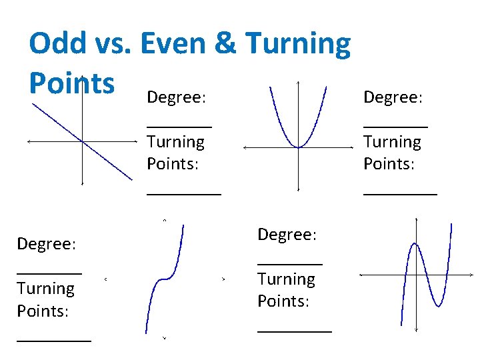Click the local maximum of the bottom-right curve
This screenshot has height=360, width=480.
(414, 245)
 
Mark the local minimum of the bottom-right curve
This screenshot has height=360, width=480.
(438, 305)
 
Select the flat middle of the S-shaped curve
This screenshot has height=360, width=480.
(164, 279)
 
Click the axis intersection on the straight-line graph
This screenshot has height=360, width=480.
(81, 141)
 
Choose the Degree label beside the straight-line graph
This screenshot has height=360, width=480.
(176, 97)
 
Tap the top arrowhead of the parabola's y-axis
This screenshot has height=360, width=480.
(298, 83)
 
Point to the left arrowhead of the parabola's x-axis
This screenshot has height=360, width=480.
(244, 147)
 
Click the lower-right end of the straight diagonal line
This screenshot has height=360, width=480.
(131, 178)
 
